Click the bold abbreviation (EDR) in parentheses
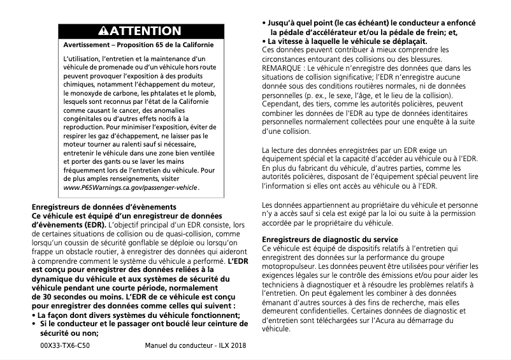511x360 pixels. [94, 225]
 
